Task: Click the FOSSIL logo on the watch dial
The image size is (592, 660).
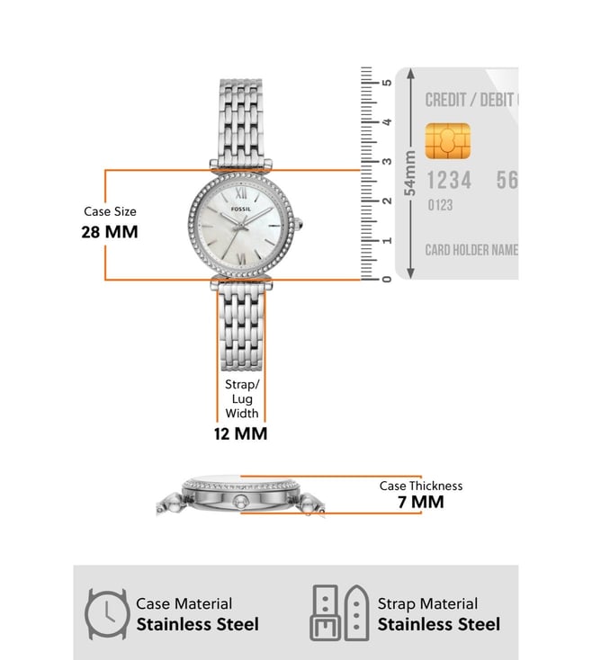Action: click(241, 209)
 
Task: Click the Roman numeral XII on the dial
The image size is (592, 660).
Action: click(241, 193)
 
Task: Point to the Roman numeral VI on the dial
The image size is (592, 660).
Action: click(242, 257)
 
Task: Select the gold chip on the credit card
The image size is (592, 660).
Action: click(447, 141)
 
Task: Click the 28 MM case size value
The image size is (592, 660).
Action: click(110, 232)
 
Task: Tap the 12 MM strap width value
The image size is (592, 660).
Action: click(240, 433)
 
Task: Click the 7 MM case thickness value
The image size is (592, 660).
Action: click(421, 502)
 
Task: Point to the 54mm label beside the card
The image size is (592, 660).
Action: click(409, 173)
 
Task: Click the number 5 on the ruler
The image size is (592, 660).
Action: click(387, 83)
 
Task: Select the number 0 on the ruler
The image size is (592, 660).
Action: click(387, 279)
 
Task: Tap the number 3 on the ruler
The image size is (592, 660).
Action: click(387, 161)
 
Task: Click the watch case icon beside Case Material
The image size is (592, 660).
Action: click(106, 614)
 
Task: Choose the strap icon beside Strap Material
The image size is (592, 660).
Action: click(340, 613)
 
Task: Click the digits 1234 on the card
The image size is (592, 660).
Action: click(449, 180)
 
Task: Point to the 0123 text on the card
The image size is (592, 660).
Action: click(440, 205)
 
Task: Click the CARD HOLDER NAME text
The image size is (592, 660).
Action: click(471, 250)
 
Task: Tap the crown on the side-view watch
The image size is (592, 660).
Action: click(239, 501)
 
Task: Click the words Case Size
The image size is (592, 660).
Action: click(110, 211)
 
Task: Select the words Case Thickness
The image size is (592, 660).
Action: click(421, 486)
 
